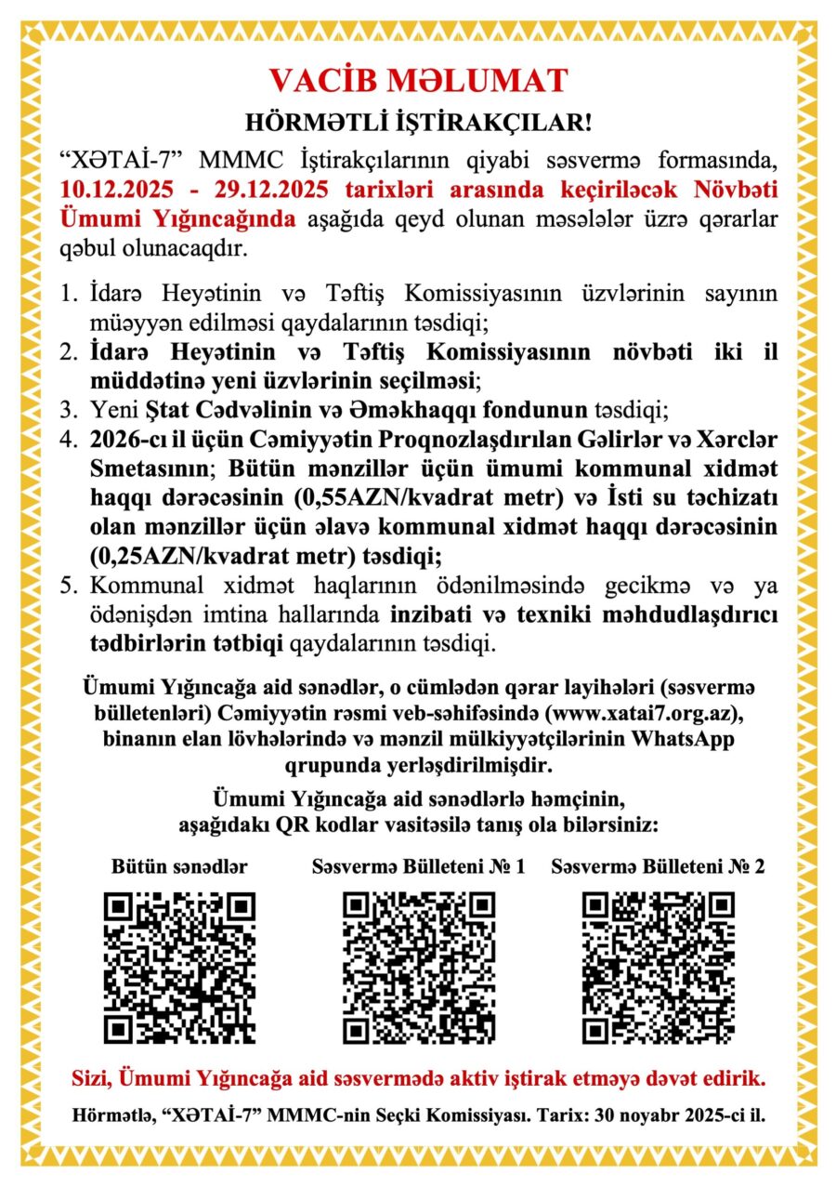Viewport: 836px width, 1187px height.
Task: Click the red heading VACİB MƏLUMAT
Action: pos(418,81)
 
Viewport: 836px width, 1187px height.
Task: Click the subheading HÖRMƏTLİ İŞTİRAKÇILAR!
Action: pos(418,122)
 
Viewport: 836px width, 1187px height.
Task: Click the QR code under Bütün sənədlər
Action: pos(178,968)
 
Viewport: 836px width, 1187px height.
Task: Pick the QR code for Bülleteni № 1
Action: pos(418,968)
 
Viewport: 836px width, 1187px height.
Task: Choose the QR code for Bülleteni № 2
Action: pos(658,968)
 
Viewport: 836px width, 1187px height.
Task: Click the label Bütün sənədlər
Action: pos(178,866)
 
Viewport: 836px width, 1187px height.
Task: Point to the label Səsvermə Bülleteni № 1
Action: pos(418,866)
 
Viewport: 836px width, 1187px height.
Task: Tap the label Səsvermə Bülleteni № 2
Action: pos(658,866)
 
